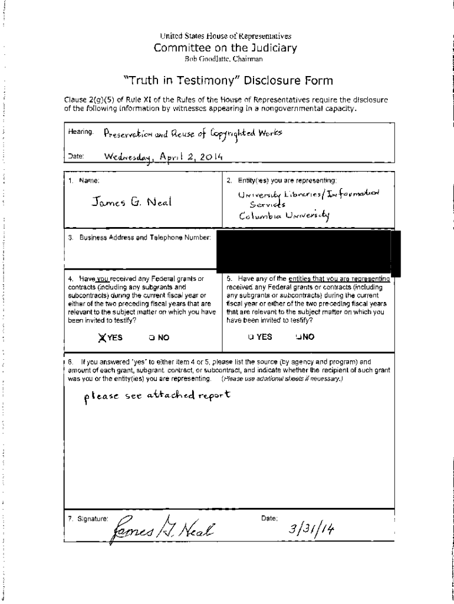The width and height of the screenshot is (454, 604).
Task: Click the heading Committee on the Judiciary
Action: coord(225,48)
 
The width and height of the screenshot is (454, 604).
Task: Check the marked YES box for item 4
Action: coord(103,337)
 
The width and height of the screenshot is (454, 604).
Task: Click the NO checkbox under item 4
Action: coord(152,338)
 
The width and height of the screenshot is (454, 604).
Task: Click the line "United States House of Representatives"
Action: coord(226,36)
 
